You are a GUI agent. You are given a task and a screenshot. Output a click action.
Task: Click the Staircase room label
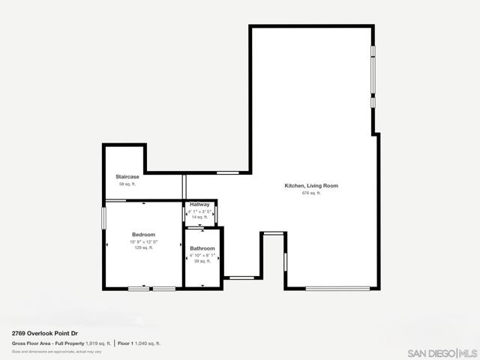coord(125,177)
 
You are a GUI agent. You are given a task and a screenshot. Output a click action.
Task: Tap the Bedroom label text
coord(143,235)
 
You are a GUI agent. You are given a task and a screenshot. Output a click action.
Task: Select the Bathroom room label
coord(202,248)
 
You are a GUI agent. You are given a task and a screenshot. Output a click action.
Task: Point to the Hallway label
coord(199,205)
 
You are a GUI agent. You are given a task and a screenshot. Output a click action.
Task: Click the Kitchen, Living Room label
coord(311,185)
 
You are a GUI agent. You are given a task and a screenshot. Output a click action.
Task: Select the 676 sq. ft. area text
coord(311,193)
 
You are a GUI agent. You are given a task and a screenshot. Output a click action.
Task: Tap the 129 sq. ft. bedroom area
coord(143,248)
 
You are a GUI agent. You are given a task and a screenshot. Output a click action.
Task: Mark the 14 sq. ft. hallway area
coord(199,217)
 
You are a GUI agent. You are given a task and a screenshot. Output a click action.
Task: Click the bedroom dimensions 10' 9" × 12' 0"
coord(143,241)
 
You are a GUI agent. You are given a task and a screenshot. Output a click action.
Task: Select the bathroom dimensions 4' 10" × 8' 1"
coord(202,255)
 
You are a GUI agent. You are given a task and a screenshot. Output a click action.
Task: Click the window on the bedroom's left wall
coord(104,218)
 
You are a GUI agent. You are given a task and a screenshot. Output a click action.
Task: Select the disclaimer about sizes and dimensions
coord(56,351)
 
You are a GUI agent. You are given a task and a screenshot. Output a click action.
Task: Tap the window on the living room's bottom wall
coord(337,289)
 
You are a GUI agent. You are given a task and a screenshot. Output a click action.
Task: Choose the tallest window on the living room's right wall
coord(373,75)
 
